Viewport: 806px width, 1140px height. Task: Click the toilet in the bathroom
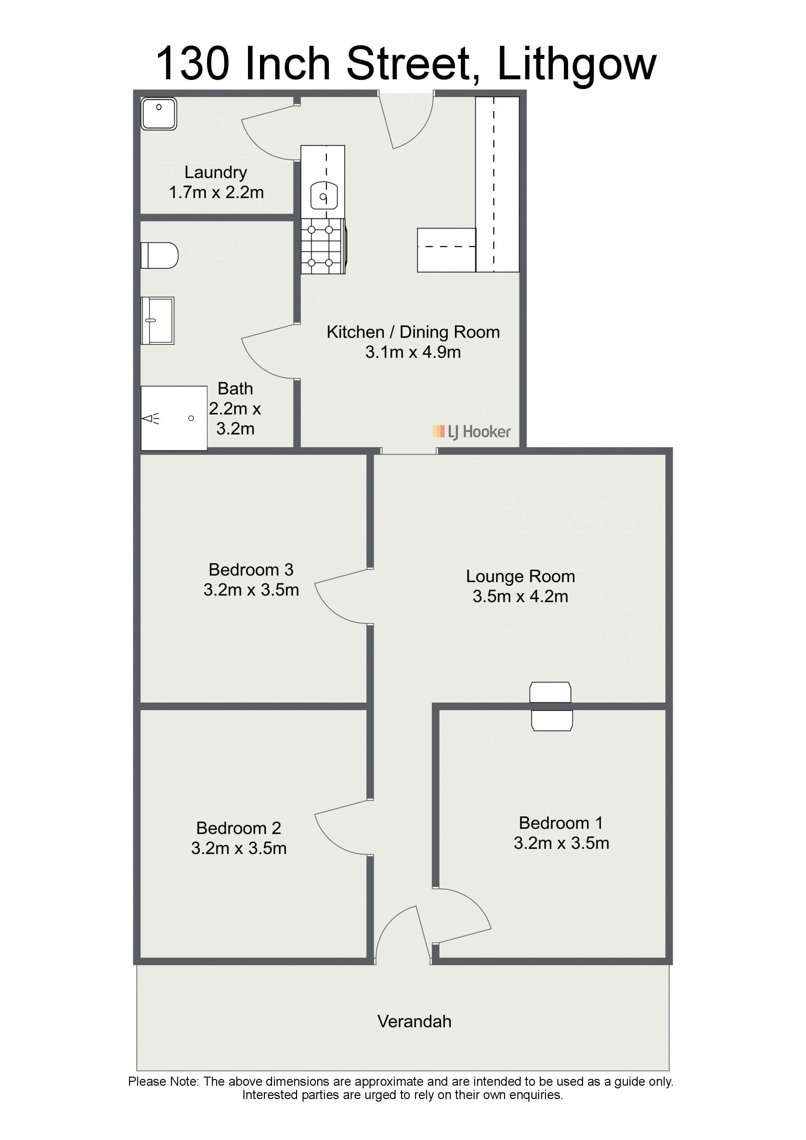coord(159,256)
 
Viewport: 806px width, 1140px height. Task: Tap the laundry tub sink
coord(159,114)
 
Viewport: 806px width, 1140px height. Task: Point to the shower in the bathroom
coord(174,418)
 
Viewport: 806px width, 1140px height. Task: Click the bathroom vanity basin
coord(157,321)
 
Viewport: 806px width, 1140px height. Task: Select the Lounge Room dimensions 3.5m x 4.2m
coord(520,596)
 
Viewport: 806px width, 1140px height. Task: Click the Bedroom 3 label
coord(251,569)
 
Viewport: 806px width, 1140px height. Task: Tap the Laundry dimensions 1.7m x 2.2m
coord(216,193)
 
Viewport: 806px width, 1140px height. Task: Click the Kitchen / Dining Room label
coord(413,332)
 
